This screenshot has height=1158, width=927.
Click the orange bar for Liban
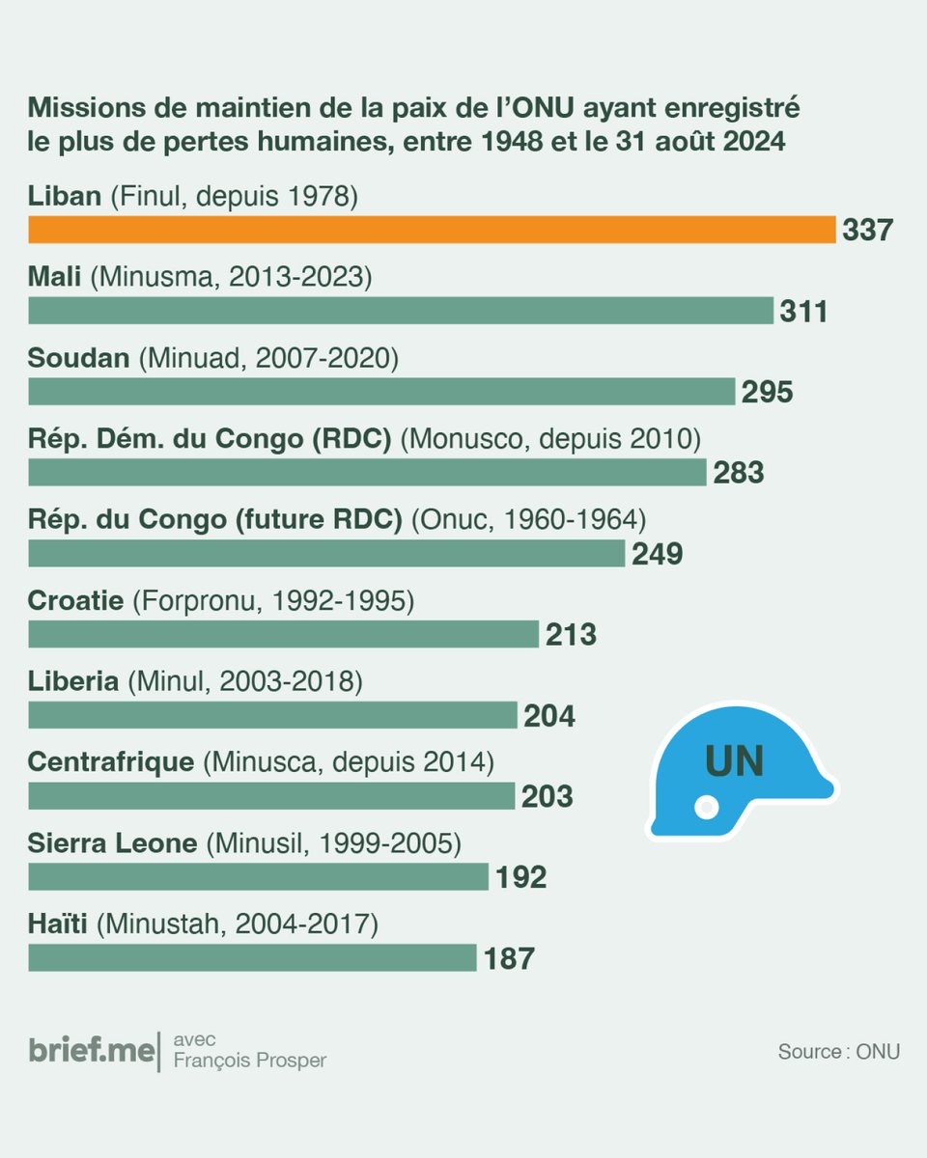(432, 230)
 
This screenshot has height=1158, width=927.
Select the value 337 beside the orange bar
(868, 231)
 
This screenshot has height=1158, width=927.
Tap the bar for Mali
(401, 311)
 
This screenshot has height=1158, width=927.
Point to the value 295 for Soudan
(767, 392)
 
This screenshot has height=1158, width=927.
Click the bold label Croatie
(76, 602)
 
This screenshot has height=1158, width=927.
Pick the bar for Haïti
(252, 957)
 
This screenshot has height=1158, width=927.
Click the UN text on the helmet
(734, 761)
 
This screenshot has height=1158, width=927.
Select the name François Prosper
(250, 1061)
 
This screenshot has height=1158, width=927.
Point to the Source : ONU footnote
(838, 1052)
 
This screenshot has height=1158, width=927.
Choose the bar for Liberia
(273, 715)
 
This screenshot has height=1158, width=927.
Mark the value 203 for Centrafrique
(547, 796)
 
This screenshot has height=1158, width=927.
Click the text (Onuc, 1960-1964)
(527, 521)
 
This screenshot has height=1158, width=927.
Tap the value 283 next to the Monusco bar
(739, 473)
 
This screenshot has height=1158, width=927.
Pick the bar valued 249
(326, 553)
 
